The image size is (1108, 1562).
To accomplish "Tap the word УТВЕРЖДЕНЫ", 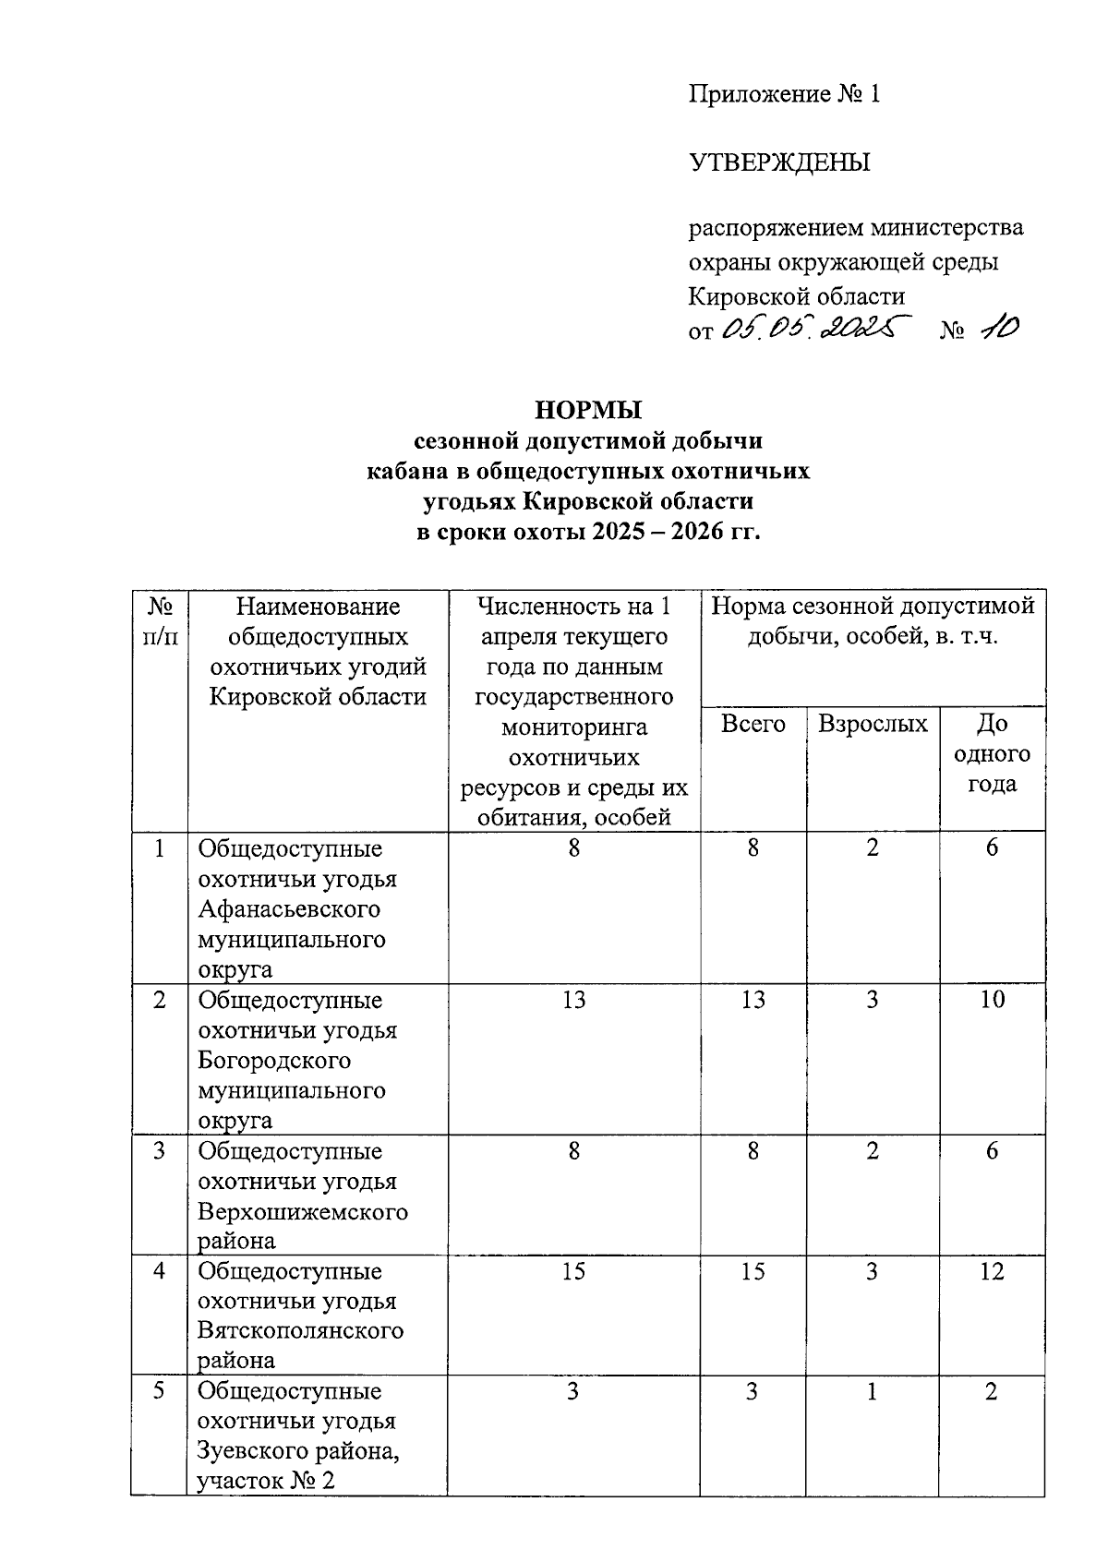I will pyautogui.click(x=779, y=163).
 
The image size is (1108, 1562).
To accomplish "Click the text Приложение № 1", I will pyautogui.click(x=785, y=94).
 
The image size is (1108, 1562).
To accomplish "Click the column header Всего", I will pyautogui.click(x=753, y=725).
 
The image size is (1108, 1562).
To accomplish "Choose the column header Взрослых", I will pyautogui.click(x=872, y=725).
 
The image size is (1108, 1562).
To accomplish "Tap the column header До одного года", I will pyautogui.click(x=992, y=754).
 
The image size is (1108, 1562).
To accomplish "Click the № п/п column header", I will pyautogui.click(x=160, y=621).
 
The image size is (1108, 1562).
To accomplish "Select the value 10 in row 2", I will pyautogui.click(x=992, y=1000).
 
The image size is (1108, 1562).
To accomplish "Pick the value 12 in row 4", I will pyautogui.click(x=992, y=1271).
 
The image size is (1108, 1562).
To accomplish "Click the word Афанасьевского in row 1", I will pyautogui.click(x=289, y=909).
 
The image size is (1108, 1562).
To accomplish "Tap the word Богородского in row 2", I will pyautogui.click(x=275, y=1060).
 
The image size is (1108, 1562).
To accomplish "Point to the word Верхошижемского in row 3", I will pyautogui.click(x=303, y=1211).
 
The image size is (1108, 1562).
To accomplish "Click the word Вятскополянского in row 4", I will pyautogui.click(x=301, y=1331).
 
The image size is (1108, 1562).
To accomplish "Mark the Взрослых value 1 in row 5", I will pyautogui.click(x=872, y=1391).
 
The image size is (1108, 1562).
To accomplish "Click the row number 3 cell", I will pyautogui.click(x=160, y=1151).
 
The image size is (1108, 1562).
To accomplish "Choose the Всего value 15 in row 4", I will pyautogui.click(x=753, y=1271).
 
